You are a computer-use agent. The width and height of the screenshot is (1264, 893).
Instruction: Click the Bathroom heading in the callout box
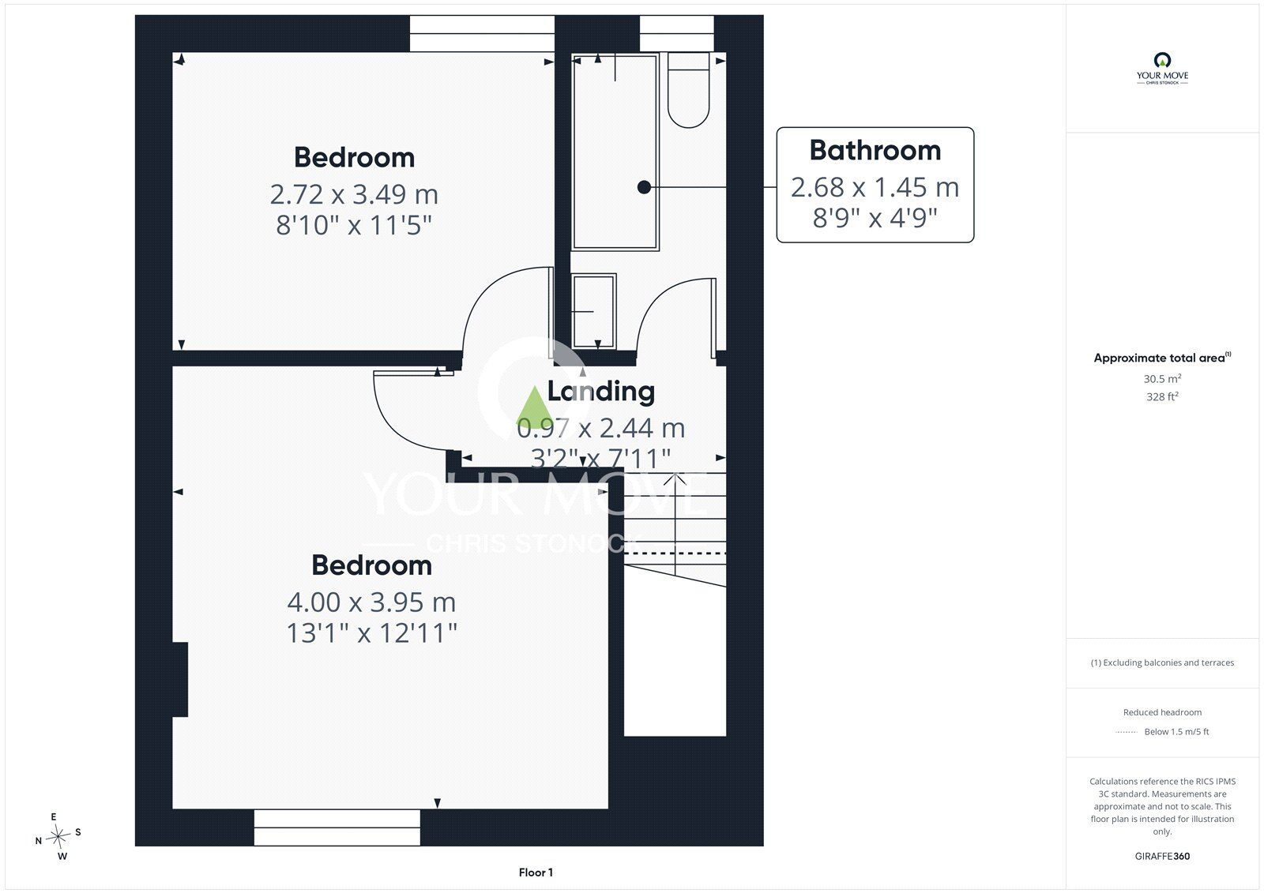click(x=875, y=150)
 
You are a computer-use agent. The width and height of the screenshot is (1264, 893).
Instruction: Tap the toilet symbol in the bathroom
click(x=688, y=90)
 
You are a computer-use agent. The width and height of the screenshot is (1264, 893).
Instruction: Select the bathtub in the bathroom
click(x=615, y=152)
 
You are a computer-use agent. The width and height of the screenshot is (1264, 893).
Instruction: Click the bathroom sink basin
click(x=593, y=311)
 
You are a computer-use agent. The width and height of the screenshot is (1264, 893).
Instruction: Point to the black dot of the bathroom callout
click(x=644, y=187)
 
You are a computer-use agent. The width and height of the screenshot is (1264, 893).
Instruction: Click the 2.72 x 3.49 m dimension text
click(x=354, y=194)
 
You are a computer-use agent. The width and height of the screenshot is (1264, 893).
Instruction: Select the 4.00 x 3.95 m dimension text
click(x=371, y=602)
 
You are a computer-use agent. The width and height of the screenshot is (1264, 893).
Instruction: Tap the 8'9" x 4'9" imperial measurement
click(x=875, y=218)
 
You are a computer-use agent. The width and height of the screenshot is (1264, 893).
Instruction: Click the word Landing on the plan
click(x=601, y=392)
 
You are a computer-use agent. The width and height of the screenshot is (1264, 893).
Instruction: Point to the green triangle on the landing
click(x=534, y=407)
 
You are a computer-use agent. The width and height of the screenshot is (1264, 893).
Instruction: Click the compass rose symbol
click(x=58, y=836)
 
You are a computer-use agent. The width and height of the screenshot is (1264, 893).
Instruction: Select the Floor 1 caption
click(x=536, y=872)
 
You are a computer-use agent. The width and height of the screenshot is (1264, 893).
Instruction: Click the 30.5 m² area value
click(x=1162, y=378)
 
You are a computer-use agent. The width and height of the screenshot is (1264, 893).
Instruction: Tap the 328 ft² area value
click(x=1162, y=396)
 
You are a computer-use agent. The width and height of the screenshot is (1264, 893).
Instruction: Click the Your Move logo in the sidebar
click(x=1162, y=68)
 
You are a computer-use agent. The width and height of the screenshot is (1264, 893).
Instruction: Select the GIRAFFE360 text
click(x=1162, y=856)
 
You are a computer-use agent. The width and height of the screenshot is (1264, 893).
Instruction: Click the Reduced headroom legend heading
click(x=1162, y=712)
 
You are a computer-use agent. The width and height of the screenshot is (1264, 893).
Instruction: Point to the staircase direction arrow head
click(x=675, y=479)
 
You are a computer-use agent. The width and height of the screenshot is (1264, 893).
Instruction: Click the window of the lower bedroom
click(x=337, y=827)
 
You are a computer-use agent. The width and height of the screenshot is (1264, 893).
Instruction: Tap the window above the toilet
click(x=676, y=34)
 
